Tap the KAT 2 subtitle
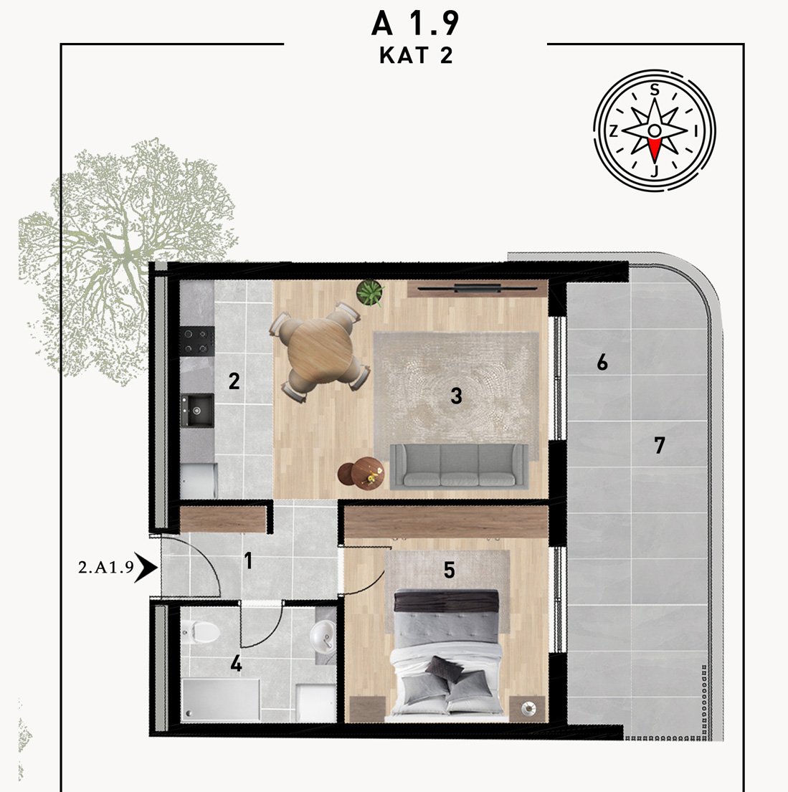click(416, 56)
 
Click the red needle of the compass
click(655, 150)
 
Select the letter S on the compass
click(655, 90)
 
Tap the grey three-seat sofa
click(460, 466)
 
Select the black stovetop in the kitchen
click(197, 341)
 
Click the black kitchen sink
click(197, 411)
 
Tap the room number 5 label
click(449, 571)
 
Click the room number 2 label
click(234, 381)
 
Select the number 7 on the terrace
click(659, 446)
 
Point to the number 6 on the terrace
click(602, 362)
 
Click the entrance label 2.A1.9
click(106, 567)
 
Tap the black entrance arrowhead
click(146, 568)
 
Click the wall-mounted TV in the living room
click(477, 288)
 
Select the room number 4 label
click(236, 664)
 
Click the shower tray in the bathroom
click(221, 700)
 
